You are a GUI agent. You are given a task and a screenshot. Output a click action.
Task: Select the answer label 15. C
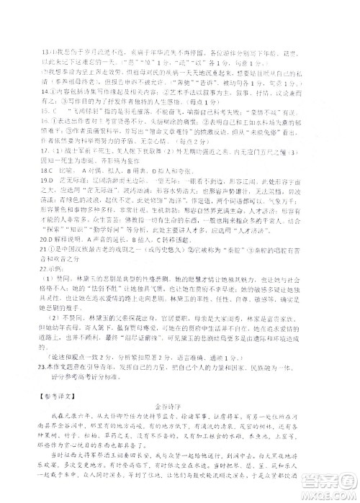33,112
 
